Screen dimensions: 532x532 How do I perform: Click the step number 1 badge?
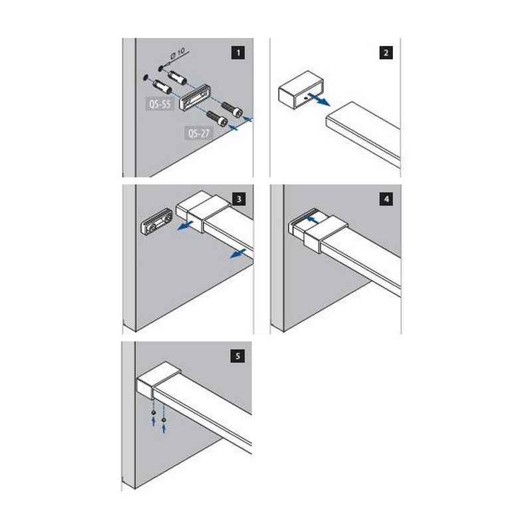tap(238, 53)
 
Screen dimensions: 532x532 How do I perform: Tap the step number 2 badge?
tap(386, 53)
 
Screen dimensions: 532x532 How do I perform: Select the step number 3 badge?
tap(239, 199)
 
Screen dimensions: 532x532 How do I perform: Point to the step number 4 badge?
tap(386, 199)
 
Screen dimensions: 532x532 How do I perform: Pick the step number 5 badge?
tap(237, 356)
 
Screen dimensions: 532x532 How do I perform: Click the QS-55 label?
tap(160, 104)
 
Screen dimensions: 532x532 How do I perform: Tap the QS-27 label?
tap(199, 133)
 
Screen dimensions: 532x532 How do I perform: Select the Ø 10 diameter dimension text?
tap(177, 54)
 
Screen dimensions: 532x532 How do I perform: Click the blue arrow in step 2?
tap(319, 99)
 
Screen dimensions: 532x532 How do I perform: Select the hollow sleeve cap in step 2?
tap(301, 90)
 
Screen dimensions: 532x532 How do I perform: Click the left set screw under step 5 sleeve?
tap(154, 412)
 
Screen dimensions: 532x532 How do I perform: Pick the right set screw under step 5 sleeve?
tap(164, 420)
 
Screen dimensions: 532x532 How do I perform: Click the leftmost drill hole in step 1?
tap(146, 77)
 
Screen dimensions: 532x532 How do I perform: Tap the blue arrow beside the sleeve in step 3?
tap(185, 225)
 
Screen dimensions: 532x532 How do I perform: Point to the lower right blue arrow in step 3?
tap(238, 253)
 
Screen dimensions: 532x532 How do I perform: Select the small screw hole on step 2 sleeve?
tap(307, 98)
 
